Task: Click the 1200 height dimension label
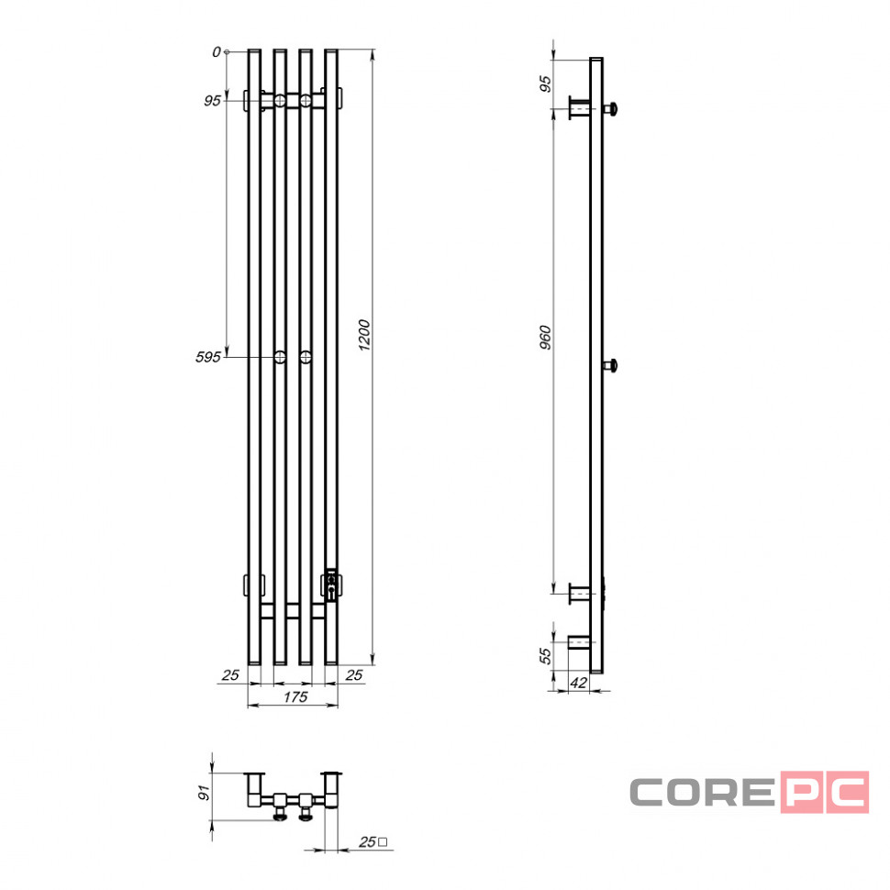point(364,335)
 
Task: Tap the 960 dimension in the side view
point(545,337)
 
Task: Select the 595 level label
point(207,357)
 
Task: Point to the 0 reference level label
point(217,52)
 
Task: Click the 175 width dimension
point(295,697)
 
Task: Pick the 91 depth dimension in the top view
point(204,793)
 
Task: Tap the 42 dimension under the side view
point(578,683)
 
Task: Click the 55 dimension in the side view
point(545,656)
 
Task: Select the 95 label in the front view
point(212,101)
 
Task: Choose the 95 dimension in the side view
point(545,84)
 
